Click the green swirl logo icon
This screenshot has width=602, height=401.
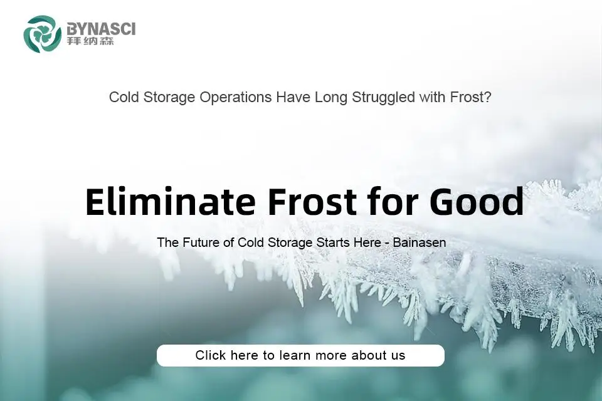[x=42, y=34]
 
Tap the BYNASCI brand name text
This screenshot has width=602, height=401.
[x=101, y=29]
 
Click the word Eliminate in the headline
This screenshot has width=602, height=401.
[x=171, y=202]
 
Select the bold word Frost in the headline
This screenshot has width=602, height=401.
[x=312, y=202]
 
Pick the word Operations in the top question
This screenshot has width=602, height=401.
[x=235, y=97]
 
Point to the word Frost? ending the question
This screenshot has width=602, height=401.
[x=470, y=97]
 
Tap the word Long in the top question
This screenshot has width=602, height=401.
[x=331, y=98]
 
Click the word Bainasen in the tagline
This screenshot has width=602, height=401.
[x=420, y=242]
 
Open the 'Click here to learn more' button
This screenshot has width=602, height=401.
[x=300, y=355]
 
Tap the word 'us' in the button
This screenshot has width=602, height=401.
[x=398, y=356]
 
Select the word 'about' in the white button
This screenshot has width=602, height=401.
[x=369, y=355]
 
